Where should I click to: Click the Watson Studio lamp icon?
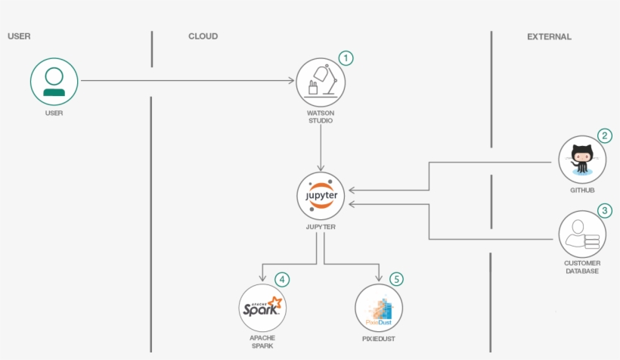(321, 81)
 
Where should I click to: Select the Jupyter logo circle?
(321, 196)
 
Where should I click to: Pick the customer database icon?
(582, 234)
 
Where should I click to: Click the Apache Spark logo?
(262, 308)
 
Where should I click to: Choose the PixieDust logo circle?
(378, 308)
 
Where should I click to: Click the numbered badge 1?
(346, 58)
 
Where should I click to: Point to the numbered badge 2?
(604, 136)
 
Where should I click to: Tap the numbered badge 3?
(604, 210)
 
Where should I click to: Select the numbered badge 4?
(281, 279)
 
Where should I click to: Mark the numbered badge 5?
(397, 279)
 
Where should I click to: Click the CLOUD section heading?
(203, 36)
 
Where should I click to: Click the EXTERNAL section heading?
(549, 36)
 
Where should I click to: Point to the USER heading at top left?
(19, 36)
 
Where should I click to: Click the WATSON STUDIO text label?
(321, 116)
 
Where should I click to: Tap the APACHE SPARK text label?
(262, 342)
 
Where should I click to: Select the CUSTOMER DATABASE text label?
(582, 267)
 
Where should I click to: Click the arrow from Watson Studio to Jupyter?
(321, 147)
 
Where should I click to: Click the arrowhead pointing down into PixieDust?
(378, 278)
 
